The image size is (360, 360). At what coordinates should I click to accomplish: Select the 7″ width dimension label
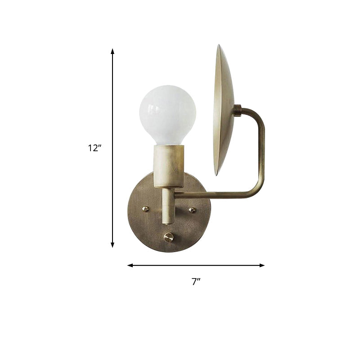pyautogui.click(x=195, y=282)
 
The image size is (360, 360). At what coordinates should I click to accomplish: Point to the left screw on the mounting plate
pyautogui.click(x=145, y=209)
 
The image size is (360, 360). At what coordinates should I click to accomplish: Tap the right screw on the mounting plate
pyautogui.click(x=192, y=210)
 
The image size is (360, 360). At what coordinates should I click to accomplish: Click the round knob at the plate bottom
pyautogui.click(x=169, y=237)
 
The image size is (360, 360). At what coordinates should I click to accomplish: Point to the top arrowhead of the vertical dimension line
pyautogui.click(x=112, y=51)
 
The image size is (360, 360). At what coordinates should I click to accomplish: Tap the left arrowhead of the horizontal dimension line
pyautogui.click(x=130, y=265)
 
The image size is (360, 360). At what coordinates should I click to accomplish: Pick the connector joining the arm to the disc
pyautogui.click(x=237, y=110)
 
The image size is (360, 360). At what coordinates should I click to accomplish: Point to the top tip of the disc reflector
pyautogui.click(x=220, y=46)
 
